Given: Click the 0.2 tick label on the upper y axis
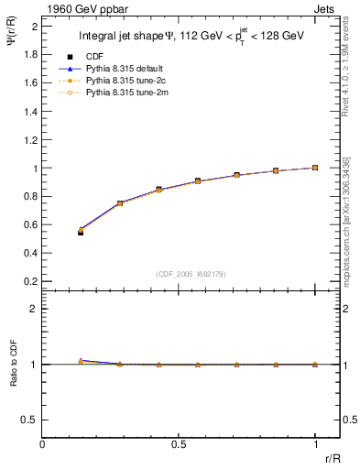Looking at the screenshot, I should (x=29, y=282).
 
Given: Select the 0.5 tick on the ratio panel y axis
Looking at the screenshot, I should (x=29, y=420).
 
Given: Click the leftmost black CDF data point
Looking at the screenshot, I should (x=81, y=233).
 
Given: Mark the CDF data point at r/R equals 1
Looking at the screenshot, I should (x=315, y=168).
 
